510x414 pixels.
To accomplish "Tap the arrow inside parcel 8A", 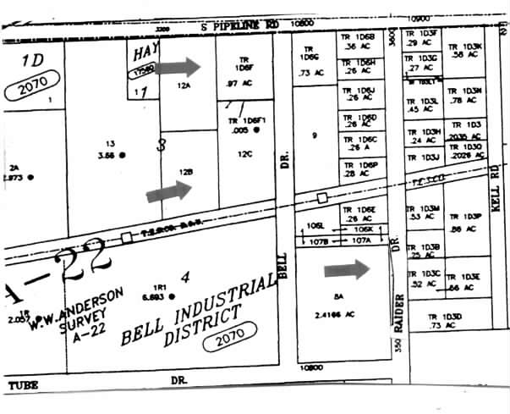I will click(x=347, y=269).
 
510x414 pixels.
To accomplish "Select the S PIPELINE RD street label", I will click(x=240, y=27).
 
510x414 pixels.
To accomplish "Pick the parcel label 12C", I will click(x=244, y=153).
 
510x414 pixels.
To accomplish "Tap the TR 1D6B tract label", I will click(x=358, y=38).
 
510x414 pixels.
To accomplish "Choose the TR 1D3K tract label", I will click(x=465, y=47).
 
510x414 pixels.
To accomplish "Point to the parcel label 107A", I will click(x=361, y=240).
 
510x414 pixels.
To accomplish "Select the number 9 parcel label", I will click(x=315, y=135).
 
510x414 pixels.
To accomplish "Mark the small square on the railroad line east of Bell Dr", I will click(x=322, y=197).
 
